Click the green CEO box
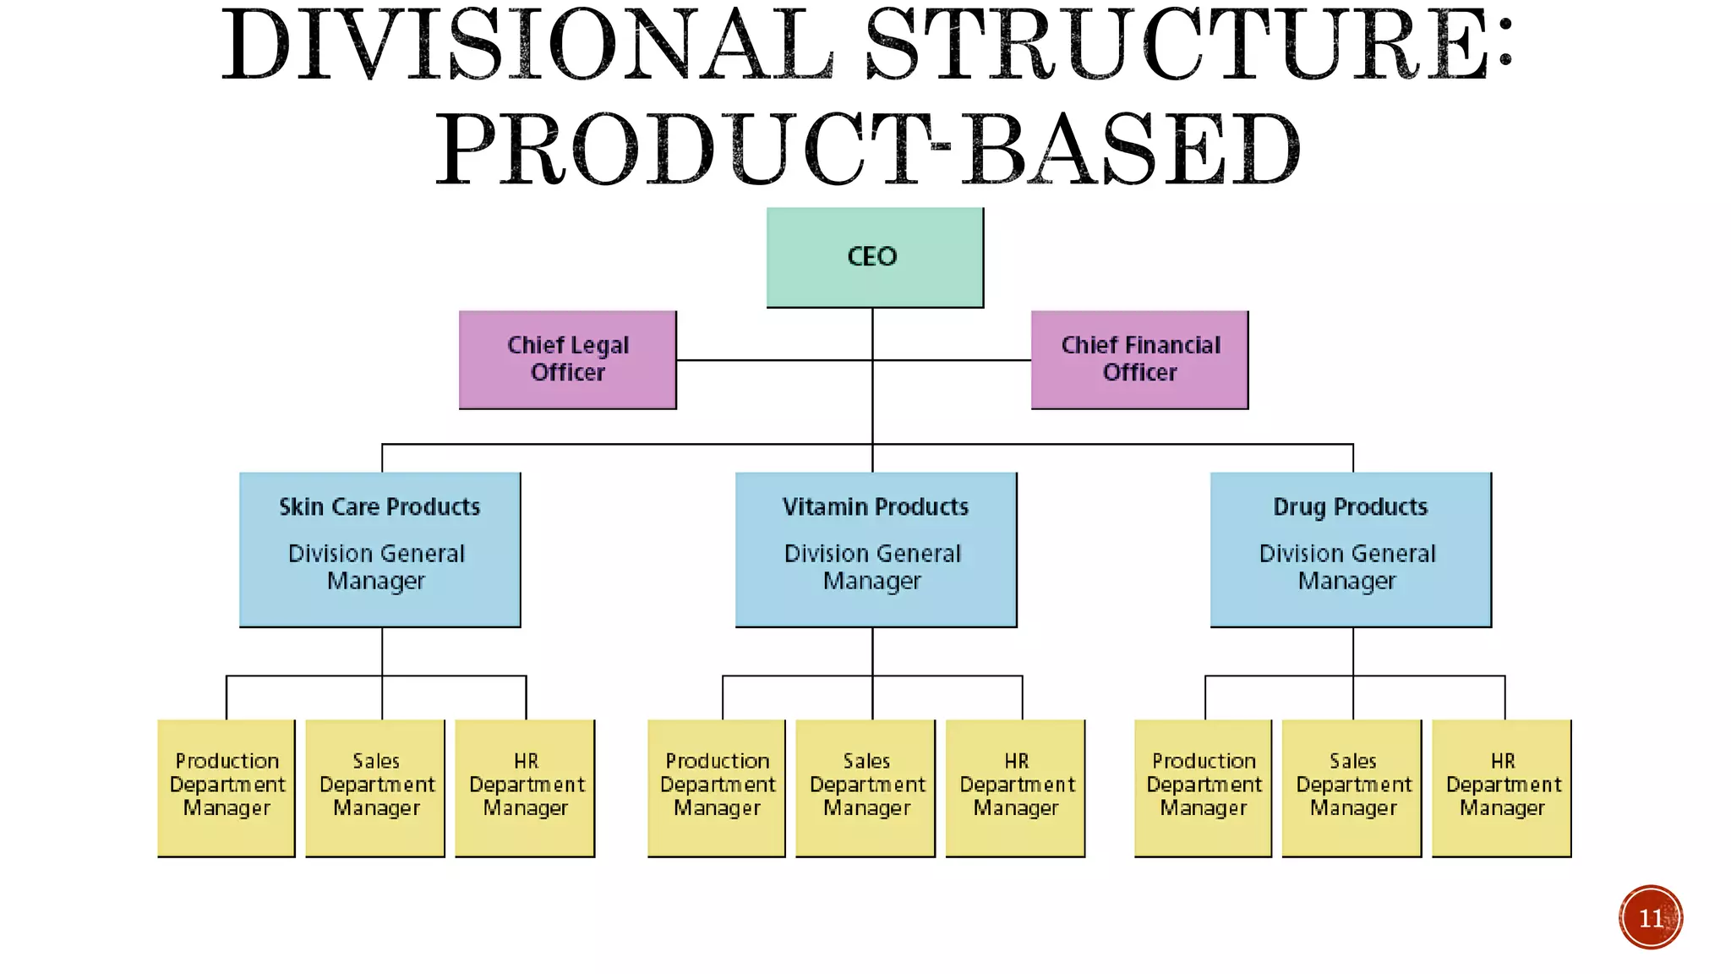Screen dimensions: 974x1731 click(x=875, y=257)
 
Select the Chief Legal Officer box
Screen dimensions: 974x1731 click(x=567, y=359)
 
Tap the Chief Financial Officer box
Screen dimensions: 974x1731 click(x=1139, y=359)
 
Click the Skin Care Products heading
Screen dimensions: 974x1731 click(x=380, y=506)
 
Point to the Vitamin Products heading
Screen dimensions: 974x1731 click(x=875, y=506)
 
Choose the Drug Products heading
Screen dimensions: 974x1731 click(x=1350, y=506)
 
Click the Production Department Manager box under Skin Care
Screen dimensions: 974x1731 click(x=227, y=787)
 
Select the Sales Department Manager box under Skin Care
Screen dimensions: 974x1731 click(x=375, y=787)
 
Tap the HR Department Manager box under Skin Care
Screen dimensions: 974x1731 click(x=525, y=787)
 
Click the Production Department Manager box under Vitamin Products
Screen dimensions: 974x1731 click(x=717, y=787)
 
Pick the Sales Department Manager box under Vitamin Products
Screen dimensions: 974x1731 click(x=865, y=787)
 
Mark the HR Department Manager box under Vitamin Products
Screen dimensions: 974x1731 click(x=1015, y=787)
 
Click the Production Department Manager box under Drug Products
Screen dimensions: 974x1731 click(x=1203, y=787)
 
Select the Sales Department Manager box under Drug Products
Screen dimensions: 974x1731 click(x=1352, y=787)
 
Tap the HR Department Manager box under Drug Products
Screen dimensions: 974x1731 click(x=1502, y=787)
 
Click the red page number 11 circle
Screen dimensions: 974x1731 click(x=1651, y=917)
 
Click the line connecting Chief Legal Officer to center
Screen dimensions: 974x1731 click(x=773, y=360)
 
